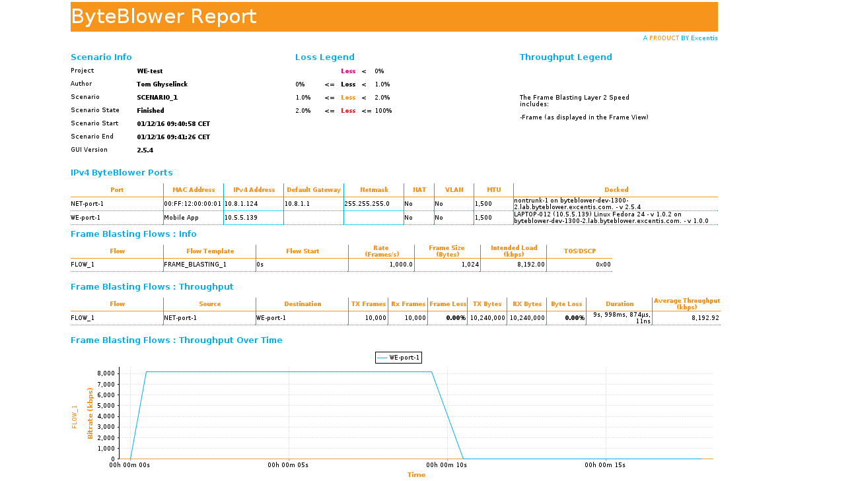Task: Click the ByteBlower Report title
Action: (164, 16)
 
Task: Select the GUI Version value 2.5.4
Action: (145, 150)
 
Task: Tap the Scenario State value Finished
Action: (151, 110)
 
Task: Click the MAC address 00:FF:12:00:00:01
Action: (193, 204)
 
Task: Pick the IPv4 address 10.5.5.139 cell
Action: (241, 217)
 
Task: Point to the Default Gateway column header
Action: (314, 190)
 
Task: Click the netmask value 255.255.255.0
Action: (367, 204)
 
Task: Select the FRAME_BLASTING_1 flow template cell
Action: (196, 265)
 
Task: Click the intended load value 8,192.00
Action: (532, 265)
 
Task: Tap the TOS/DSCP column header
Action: (579, 251)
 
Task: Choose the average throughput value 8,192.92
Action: (705, 317)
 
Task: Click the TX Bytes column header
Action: (487, 304)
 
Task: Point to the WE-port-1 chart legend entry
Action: (398, 358)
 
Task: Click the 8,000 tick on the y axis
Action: (106, 373)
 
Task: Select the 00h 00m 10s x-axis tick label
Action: (447, 465)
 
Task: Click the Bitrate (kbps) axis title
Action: (90, 413)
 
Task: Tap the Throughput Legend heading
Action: (565, 57)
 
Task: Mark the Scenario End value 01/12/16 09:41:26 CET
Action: (174, 137)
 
